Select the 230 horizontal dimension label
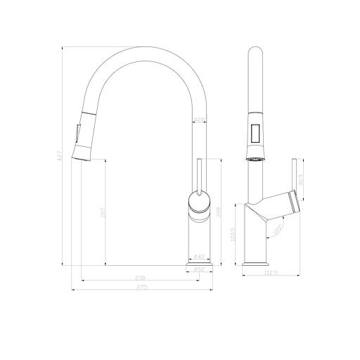(x=141, y=279)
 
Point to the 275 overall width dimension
(x=143, y=288)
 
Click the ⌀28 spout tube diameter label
(x=200, y=121)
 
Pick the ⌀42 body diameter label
(x=199, y=257)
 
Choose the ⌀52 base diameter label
(x=199, y=269)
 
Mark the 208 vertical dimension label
(x=219, y=212)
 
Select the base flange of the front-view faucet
(x=199, y=263)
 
